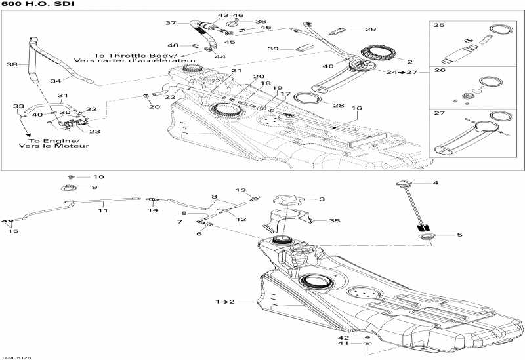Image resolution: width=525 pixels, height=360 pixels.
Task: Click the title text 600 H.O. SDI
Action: click(x=28, y=5)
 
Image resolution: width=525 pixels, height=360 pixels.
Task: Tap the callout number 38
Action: click(x=11, y=65)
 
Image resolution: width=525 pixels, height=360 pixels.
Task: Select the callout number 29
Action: click(x=371, y=30)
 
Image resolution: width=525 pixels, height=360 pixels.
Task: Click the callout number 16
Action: click(x=356, y=108)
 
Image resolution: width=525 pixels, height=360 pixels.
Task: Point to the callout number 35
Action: click(x=334, y=221)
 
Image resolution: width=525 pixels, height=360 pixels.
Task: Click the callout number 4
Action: click(x=434, y=182)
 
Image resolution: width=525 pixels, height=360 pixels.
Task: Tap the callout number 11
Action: click(x=103, y=210)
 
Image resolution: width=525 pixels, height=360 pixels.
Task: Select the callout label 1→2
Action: click(x=224, y=301)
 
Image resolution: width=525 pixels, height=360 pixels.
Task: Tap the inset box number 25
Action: click(x=439, y=25)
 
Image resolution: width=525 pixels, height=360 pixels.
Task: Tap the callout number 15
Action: click(x=13, y=231)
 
